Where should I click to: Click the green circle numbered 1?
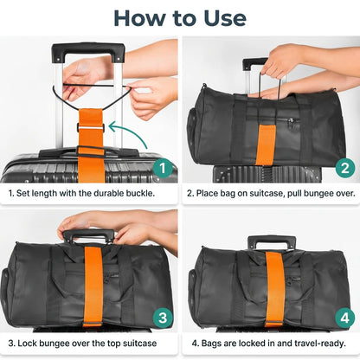pos(163,168)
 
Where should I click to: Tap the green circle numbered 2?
pos(345,168)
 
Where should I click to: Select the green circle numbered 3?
pos(163,318)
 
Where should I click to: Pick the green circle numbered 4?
pos(345,318)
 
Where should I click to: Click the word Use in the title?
pos(225,18)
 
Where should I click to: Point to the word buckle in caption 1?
pos(140,193)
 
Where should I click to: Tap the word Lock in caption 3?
pos(27,344)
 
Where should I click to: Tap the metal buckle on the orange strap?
pos(90,127)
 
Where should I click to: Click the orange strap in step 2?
pos(266,145)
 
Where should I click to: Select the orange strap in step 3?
pos(93,286)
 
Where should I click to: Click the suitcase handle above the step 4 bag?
pos(272,241)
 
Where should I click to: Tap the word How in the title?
pos(140,18)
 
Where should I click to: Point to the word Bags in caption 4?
pos(210,344)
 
